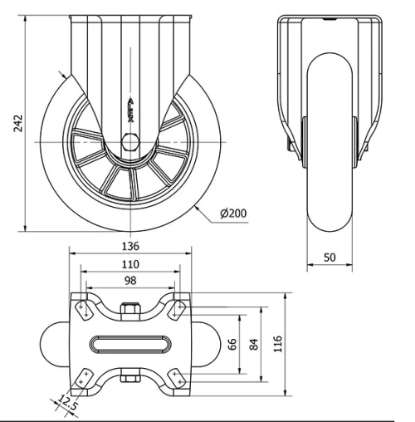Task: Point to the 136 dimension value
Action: (130, 246)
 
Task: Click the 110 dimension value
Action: (130, 264)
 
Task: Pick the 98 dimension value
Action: (130, 282)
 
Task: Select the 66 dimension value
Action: (232, 344)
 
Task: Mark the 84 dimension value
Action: (253, 344)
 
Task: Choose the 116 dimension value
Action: (278, 342)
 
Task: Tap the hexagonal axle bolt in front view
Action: (130, 142)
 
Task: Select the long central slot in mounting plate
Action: (130, 344)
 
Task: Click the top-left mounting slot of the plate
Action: (83, 309)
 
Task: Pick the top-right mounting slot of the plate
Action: (178, 309)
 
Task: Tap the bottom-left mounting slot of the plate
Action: (83, 378)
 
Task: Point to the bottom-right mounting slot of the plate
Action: (178, 378)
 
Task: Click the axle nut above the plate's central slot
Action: (130, 312)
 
